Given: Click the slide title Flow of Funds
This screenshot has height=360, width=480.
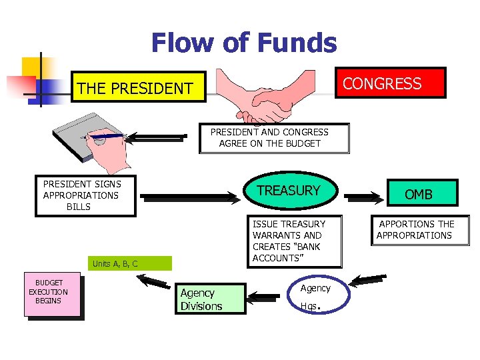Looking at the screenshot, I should [244, 43].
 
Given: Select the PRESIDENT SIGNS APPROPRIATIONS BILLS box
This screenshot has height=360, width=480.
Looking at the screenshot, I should [85, 195].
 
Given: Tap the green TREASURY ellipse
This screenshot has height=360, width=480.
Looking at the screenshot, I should [289, 191].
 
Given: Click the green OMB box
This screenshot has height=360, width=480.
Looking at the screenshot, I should [419, 194].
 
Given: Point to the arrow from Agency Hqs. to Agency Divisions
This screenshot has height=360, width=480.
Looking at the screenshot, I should [269, 294].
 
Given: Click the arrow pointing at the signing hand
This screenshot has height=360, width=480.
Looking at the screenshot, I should [157, 138].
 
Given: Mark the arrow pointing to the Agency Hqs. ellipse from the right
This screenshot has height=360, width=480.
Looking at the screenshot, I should [368, 281].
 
